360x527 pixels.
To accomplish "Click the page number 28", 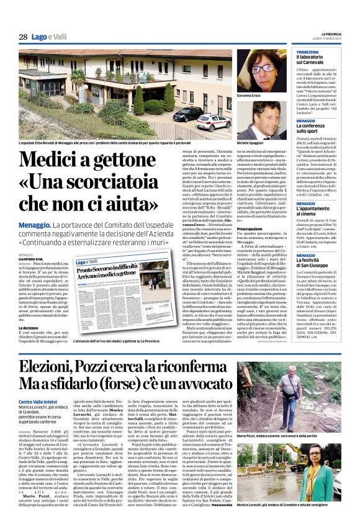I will click(x=23, y=37).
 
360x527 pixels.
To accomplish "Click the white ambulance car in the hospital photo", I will click(x=214, y=120).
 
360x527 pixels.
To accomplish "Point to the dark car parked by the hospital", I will click(x=187, y=114).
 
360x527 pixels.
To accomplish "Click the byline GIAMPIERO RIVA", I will click(x=31, y=259).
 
